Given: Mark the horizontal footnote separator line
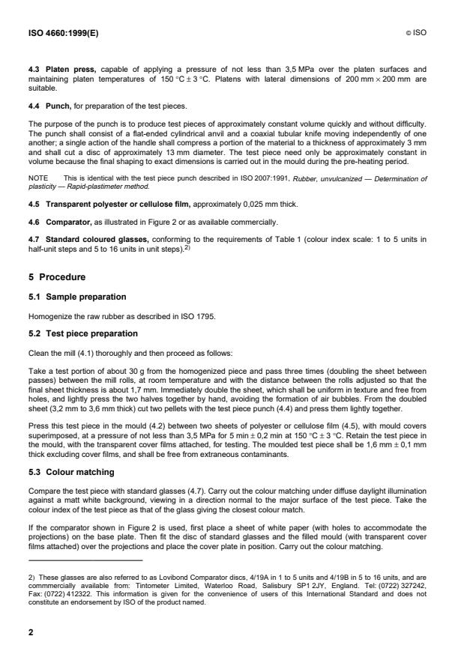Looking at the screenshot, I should tap(85, 561).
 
